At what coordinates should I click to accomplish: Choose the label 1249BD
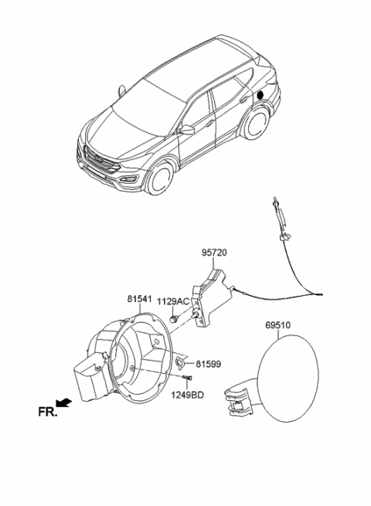click(188, 395)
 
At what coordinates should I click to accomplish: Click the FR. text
click(48, 413)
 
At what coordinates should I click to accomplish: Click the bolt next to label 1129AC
click(176, 319)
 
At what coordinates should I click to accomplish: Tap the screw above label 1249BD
click(187, 378)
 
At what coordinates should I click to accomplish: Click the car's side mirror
click(186, 131)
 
